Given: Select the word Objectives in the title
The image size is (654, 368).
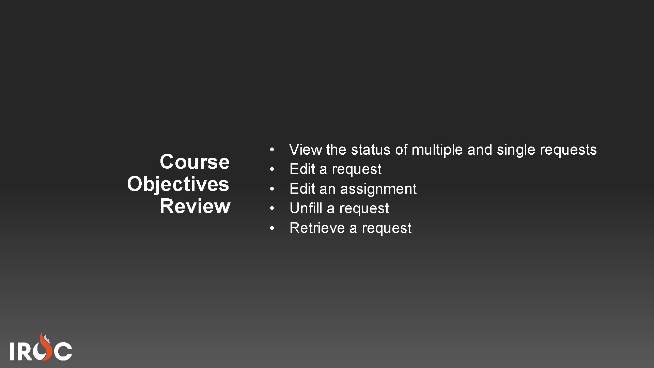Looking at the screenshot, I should (x=178, y=184).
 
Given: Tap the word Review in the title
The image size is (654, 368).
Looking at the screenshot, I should (x=195, y=206).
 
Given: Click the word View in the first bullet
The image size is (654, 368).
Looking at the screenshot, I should (x=305, y=150).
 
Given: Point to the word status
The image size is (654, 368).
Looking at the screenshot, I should (x=371, y=150).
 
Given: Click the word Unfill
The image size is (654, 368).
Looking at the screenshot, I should (x=306, y=208).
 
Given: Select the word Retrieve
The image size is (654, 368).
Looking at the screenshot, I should (x=317, y=228).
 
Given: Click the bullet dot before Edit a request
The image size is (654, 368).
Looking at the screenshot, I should (x=272, y=169).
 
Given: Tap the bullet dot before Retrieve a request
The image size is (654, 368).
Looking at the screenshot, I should (x=272, y=228).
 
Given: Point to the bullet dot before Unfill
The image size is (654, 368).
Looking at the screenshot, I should (x=272, y=208).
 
